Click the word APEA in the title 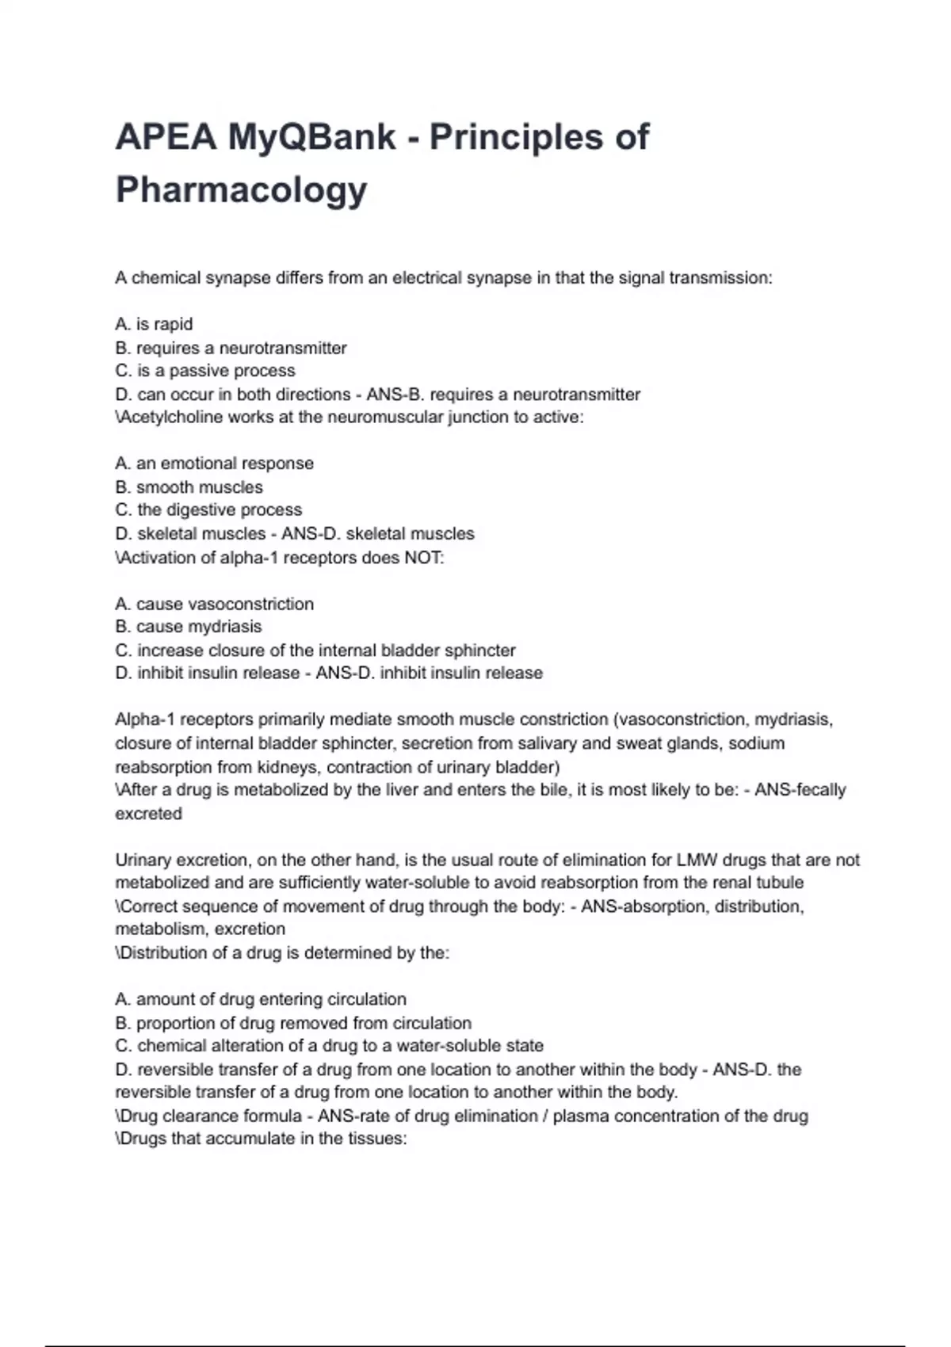pyautogui.click(x=165, y=137)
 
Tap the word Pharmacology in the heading pyautogui.click(x=242, y=189)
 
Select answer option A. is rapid pyautogui.click(x=154, y=324)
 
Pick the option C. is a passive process pyautogui.click(x=205, y=371)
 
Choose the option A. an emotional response pyautogui.click(x=214, y=464)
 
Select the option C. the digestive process pyautogui.click(x=208, y=510)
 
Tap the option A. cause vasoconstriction pyautogui.click(x=214, y=604)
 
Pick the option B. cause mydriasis pyautogui.click(x=188, y=627)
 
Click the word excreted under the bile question pyautogui.click(x=148, y=814)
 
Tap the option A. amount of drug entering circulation pyautogui.click(x=261, y=999)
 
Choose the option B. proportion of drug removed pyautogui.click(x=293, y=1023)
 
